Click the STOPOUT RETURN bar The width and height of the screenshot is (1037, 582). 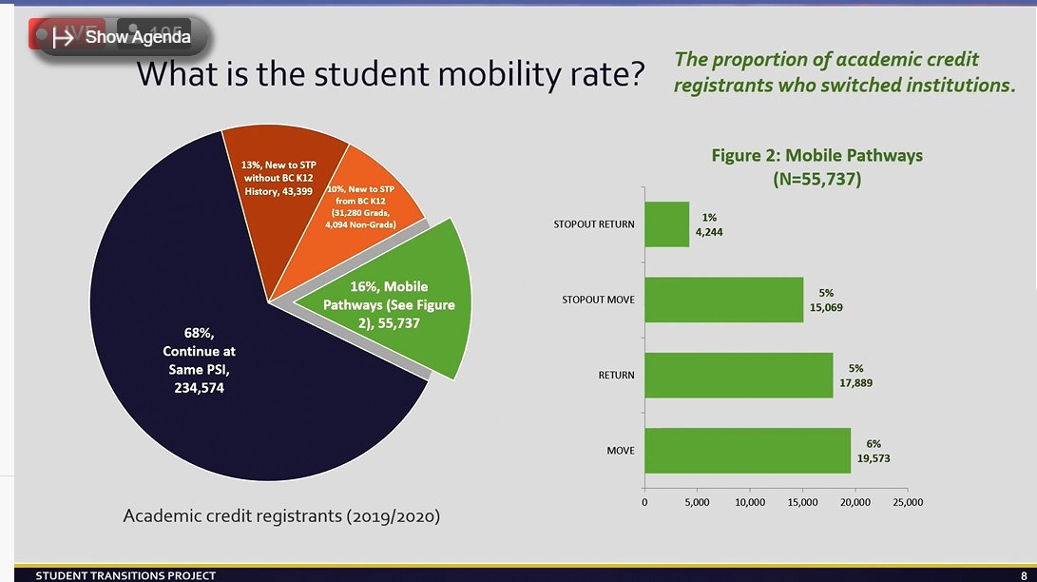pyautogui.click(x=666, y=224)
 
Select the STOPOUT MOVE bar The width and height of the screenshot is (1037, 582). pyautogui.click(x=723, y=300)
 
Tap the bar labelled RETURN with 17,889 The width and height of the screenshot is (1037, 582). pyautogui.click(x=739, y=375)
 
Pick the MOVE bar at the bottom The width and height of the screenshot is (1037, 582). pyautogui.click(x=747, y=450)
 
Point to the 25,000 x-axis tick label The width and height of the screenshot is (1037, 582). pyautogui.click(x=907, y=503)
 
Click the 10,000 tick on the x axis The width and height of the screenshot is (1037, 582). pyautogui.click(x=750, y=503)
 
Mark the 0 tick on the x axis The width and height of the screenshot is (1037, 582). pyautogui.click(x=644, y=503)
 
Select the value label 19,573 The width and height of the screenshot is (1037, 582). pyautogui.click(x=874, y=457)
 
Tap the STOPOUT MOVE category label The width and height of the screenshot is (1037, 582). pyautogui.click(x=598, y=301)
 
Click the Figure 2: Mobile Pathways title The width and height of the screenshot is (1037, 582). pyautogui.click(x=816, y=155)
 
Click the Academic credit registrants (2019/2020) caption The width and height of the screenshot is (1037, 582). pyautogui.click(x=281, y=516)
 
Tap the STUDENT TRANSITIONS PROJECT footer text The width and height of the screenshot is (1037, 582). pyautogui.click(x=125, y=575)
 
